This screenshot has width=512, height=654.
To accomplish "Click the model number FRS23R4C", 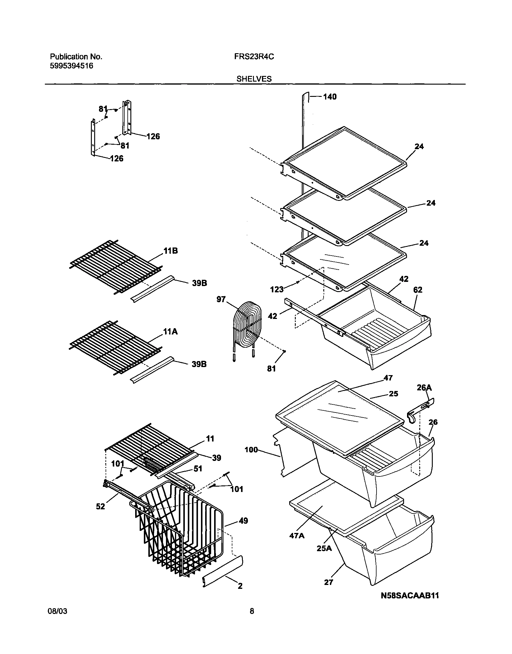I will [x=254, y=57].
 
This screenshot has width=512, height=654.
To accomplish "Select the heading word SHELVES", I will [x=254, y=79].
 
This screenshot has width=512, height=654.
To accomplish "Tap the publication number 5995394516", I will [x=71, y=66].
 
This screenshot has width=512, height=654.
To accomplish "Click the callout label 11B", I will [x=170, y=251].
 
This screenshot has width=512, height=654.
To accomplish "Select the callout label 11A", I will [x=170, y=332].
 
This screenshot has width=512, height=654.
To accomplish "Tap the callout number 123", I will [x=276, y=289].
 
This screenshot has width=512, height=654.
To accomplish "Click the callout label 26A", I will [x=424, y=388].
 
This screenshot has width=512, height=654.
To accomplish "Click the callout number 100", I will [x=251, y=450].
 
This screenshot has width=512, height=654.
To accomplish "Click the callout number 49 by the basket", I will [x=243, y=521].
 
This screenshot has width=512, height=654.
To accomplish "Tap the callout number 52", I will [x=100, y=507].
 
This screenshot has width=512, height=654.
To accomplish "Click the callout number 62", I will [x=417, y=290].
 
